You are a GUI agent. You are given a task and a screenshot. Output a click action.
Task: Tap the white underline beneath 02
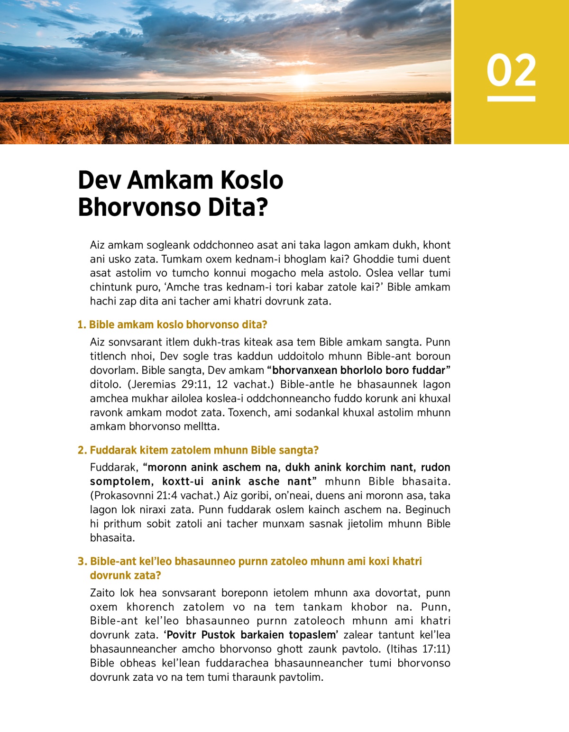pyautogui.click(x=511, y=99)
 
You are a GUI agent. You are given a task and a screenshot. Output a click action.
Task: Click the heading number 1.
pyautogui.click(x=81, y=325)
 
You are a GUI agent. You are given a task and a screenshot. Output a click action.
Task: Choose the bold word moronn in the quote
pyautogui.click(x=168, y=468)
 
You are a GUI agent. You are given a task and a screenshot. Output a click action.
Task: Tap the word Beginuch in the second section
pyautogui.click(x=425, y=510)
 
